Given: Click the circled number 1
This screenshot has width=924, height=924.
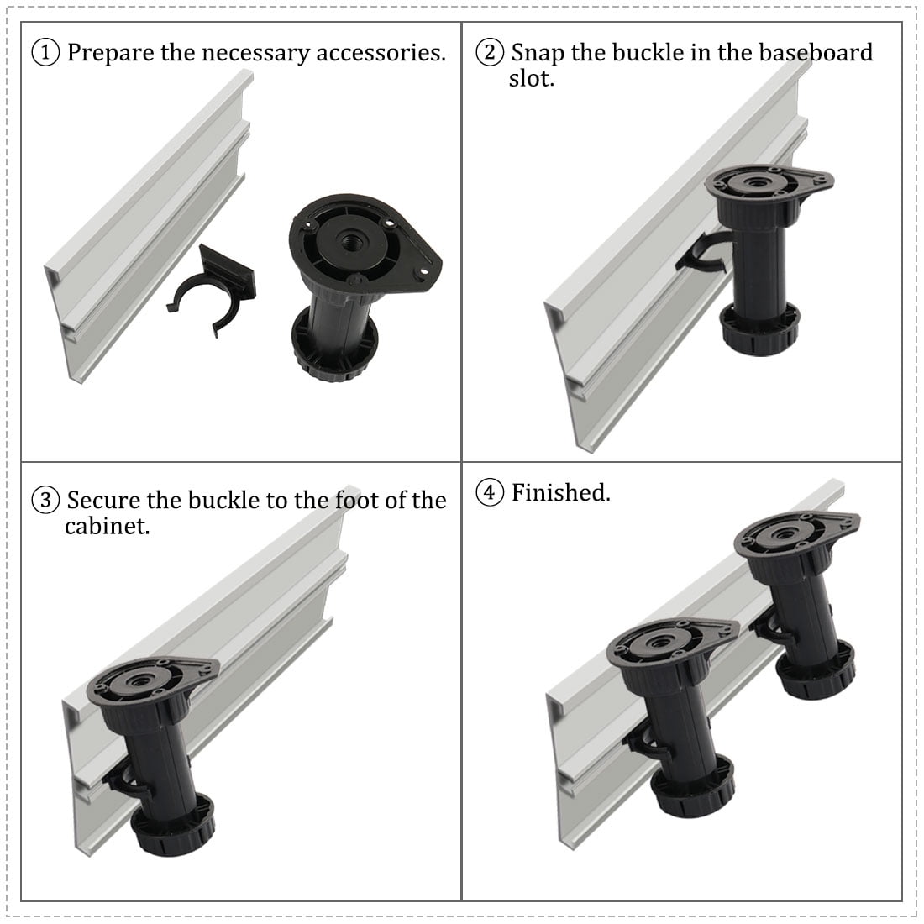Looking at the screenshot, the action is pos(45,52).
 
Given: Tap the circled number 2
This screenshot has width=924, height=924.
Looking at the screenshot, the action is pos(490,52).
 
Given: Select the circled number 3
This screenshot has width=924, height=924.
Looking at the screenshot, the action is pos(45,500).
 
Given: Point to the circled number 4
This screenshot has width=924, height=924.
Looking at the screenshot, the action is pos(490,492).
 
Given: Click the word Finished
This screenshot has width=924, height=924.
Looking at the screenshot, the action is pos(560,492).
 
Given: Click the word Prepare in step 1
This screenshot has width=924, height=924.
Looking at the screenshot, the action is pos(110,53).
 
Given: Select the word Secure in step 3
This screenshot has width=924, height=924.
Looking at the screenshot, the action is pos(103,500).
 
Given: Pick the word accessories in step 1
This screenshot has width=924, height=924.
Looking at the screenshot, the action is pos(381,53).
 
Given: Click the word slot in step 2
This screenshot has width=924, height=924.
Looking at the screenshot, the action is pos(532,78).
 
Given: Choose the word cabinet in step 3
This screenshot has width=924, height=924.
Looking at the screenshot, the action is pos(108,526).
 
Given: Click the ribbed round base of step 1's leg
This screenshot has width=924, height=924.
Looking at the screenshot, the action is pos(334,344).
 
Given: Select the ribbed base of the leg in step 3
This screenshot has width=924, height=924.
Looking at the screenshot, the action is pos(172,825).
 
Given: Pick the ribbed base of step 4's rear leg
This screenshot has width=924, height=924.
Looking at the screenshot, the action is pos(816,670).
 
